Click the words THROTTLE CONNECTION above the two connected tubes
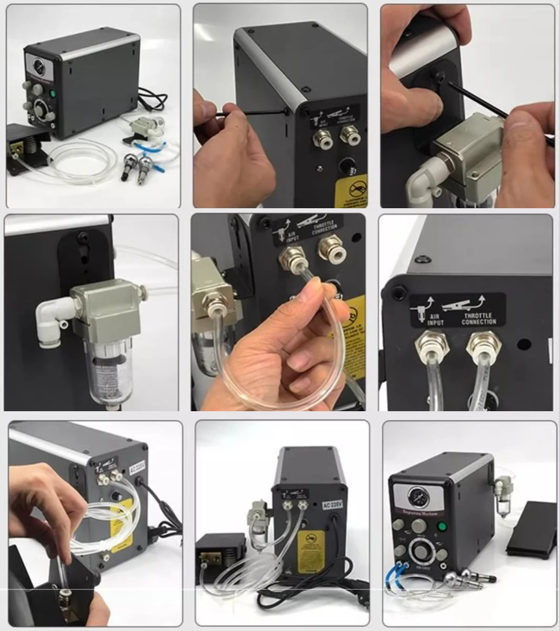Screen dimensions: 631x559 click(x=479, y=318)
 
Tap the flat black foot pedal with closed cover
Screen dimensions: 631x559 click(x=531, y=528)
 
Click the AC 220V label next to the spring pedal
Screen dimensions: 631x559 click(x=332, y=504)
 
